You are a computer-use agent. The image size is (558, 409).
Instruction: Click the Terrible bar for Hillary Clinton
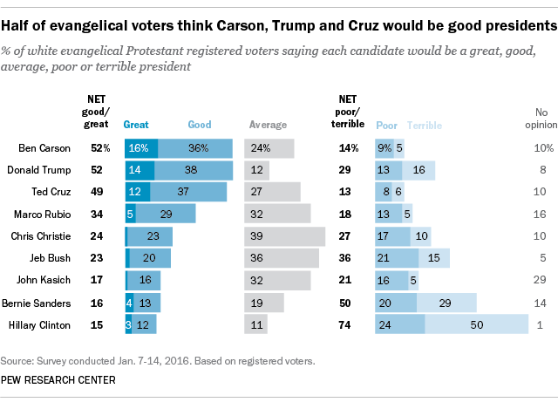pos(477,324)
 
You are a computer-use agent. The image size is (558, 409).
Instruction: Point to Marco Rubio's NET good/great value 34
pos(98,214)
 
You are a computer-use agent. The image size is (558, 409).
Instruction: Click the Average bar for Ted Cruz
pos(272,192)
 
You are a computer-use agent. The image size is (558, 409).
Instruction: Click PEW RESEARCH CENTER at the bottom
pos(57,379)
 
